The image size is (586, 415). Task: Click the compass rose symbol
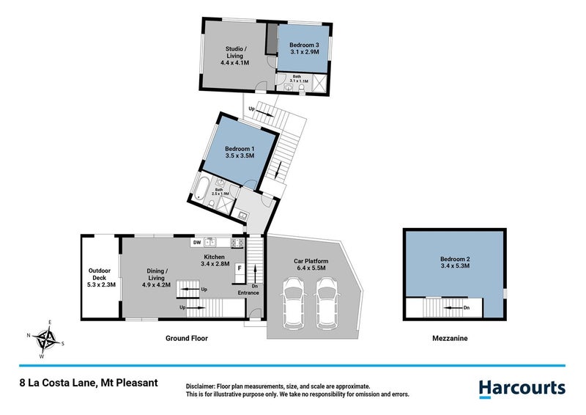(x=47, y=339)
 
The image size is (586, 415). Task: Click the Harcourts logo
(x=522, y=388)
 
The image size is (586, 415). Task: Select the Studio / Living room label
(x=235, y=51)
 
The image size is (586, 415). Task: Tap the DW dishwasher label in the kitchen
(x=197, y=242)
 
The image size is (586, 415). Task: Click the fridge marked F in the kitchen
(x=239, y=268)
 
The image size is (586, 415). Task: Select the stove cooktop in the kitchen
(x=237, y=242)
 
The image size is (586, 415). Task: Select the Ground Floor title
(x=187, y=339)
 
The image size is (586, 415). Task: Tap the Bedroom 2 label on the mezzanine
(x=455, y=259)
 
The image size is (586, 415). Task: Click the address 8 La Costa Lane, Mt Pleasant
(x=88, y=383)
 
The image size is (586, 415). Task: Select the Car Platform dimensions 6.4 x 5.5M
(x=311, y=269)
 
